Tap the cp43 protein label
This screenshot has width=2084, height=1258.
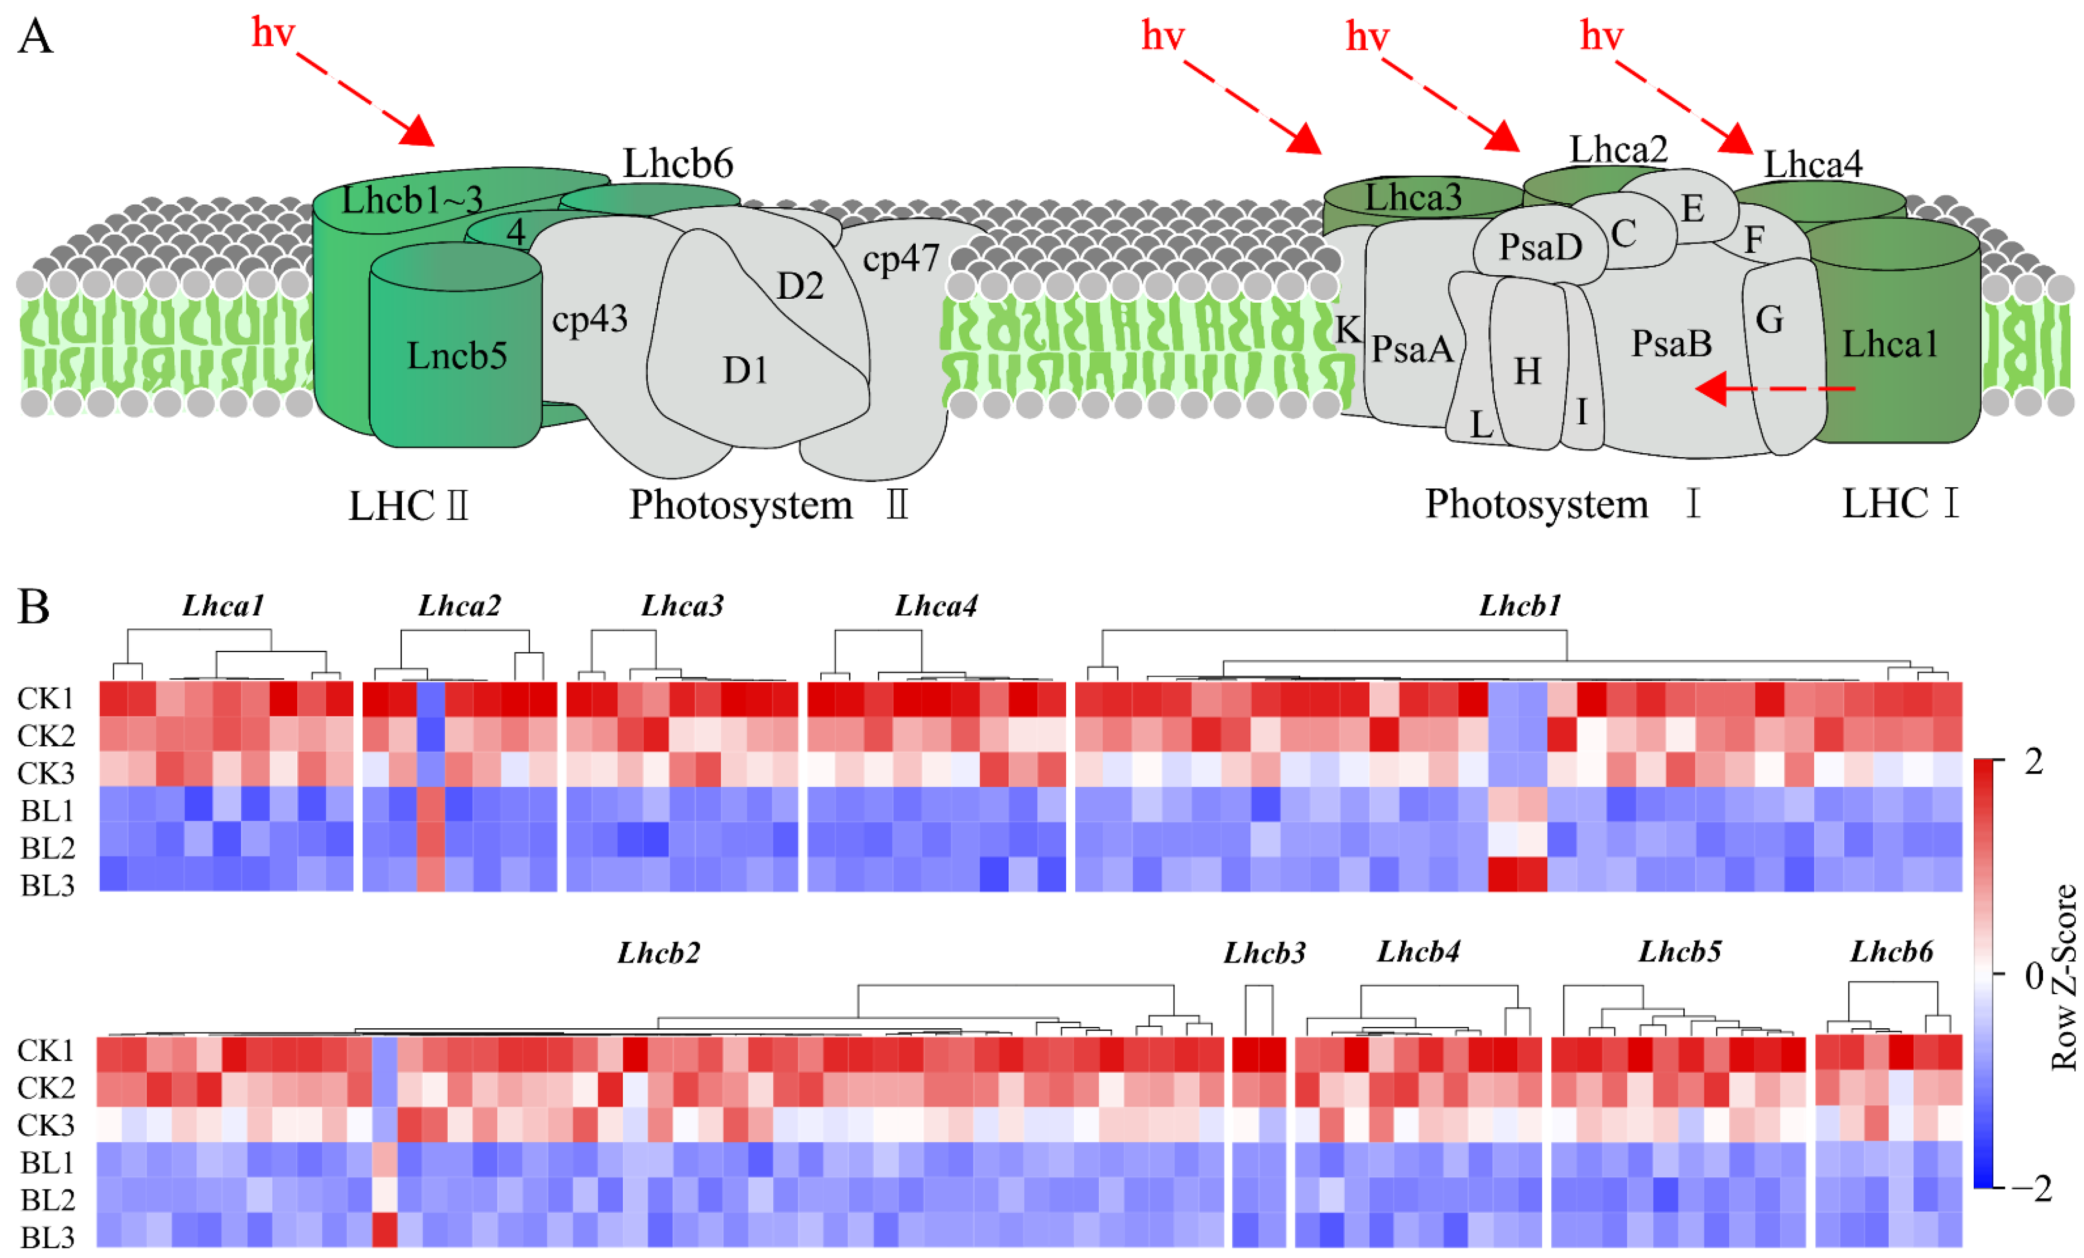590,319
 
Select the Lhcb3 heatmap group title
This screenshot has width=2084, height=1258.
1264,953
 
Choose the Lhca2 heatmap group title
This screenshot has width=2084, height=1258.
459,606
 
